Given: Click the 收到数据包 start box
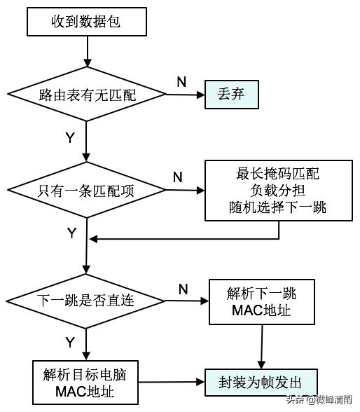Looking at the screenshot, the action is (x=87, y=22).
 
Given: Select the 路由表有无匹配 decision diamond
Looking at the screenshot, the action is (x=87, y=94).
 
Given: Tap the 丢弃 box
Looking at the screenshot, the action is (x=232, y=95).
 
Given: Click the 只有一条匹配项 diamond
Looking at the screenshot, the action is (x=86, y=190).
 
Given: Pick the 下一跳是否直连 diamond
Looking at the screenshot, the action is (x=85, y=301).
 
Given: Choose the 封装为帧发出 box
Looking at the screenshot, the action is (x=261, y=383).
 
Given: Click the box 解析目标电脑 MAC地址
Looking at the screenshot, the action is (x=85, y=383).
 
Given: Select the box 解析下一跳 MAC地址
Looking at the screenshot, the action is (x=262, y=302).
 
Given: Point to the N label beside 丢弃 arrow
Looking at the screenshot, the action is (x=181, y=82).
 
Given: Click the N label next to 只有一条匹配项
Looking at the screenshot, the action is (x=178, y=177).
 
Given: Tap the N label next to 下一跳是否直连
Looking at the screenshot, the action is (x=184, y=289).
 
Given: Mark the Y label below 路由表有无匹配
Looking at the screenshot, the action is (x=70, y=137).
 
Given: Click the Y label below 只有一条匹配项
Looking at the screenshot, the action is (x=71, y=233).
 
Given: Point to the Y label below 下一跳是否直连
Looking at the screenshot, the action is (x=70, y=343).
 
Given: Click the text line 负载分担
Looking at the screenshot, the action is (x=277, y=191).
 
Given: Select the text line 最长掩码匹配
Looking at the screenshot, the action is (x=277, y=174).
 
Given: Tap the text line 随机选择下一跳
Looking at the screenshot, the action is (x=277, y=207).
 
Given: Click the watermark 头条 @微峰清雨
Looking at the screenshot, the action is (x=319, y=399).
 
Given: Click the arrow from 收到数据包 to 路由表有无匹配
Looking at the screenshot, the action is (x=87, y=52).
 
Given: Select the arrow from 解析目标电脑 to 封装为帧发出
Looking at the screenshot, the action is (x=172, y=383).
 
